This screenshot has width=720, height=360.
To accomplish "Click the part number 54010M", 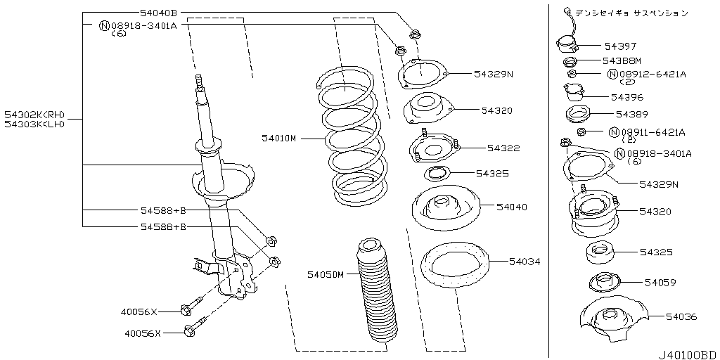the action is [279, 138].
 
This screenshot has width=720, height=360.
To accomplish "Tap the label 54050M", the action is [325, 275].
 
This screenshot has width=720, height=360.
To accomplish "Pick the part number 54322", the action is [503, 148].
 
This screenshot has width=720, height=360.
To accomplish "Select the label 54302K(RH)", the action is [35, 115].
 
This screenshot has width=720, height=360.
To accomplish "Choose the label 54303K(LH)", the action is [35, 124].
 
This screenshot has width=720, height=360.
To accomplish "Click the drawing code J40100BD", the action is [689, 355].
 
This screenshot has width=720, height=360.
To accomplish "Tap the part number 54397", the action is [620, 46].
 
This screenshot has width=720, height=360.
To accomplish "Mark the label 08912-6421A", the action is [652, 74].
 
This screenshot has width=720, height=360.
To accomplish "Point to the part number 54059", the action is [660, 283].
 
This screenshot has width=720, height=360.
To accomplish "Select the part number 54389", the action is [632, 114].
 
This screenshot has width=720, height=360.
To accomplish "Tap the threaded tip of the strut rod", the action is [199, 82].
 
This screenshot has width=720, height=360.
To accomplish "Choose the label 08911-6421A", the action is [653, 133].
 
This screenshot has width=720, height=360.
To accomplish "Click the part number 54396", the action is [626, 97].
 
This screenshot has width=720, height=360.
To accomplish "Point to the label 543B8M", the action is [622, 60].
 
